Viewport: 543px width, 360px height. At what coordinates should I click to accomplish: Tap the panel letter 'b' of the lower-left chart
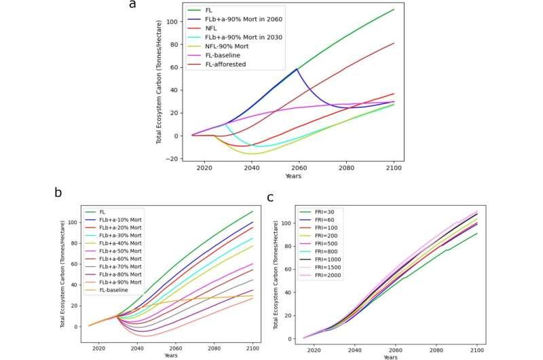point(58,192)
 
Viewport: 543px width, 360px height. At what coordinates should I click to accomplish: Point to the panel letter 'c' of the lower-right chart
point(270,197)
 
